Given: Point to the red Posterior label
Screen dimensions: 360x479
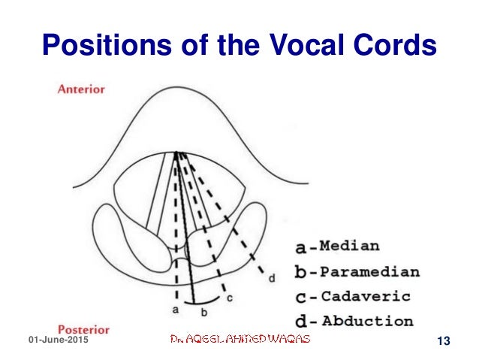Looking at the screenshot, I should point(84,329).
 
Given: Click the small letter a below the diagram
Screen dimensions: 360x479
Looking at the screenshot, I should point(174,309).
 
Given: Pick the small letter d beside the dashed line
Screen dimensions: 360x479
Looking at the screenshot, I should point(271,277).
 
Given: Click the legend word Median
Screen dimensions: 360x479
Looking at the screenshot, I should point(349,246).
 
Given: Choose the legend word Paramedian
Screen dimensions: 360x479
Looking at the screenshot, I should point(369,271).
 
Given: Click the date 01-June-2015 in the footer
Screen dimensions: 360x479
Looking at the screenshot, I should point(57,342).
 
